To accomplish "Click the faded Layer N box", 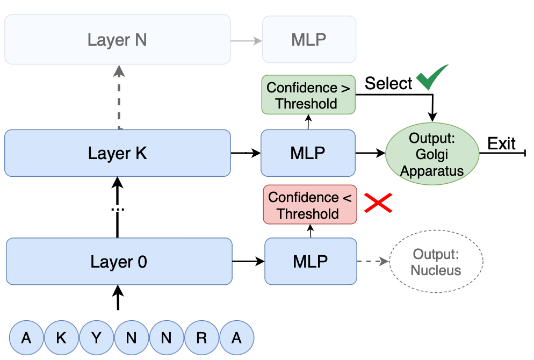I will point(117,40).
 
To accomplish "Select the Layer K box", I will point(117,153).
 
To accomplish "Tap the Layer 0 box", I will point(118,262).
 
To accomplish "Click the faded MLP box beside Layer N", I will point(308,40).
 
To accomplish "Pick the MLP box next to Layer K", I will point(308,153).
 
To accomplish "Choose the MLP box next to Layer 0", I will point(311,262).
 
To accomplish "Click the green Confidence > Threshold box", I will point(308,95).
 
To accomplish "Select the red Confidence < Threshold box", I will point(309,205).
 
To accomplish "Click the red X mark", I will point(378,203).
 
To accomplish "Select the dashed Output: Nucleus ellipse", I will point(436,262).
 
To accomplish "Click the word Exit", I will point(501,144).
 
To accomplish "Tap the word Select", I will point(388,83).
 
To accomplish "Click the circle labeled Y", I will point(96,338).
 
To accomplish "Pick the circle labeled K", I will point(61,338).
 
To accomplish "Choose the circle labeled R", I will point(201,338).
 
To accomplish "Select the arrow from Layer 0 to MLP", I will point(248,262).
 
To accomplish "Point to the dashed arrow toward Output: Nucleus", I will point(372,262).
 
